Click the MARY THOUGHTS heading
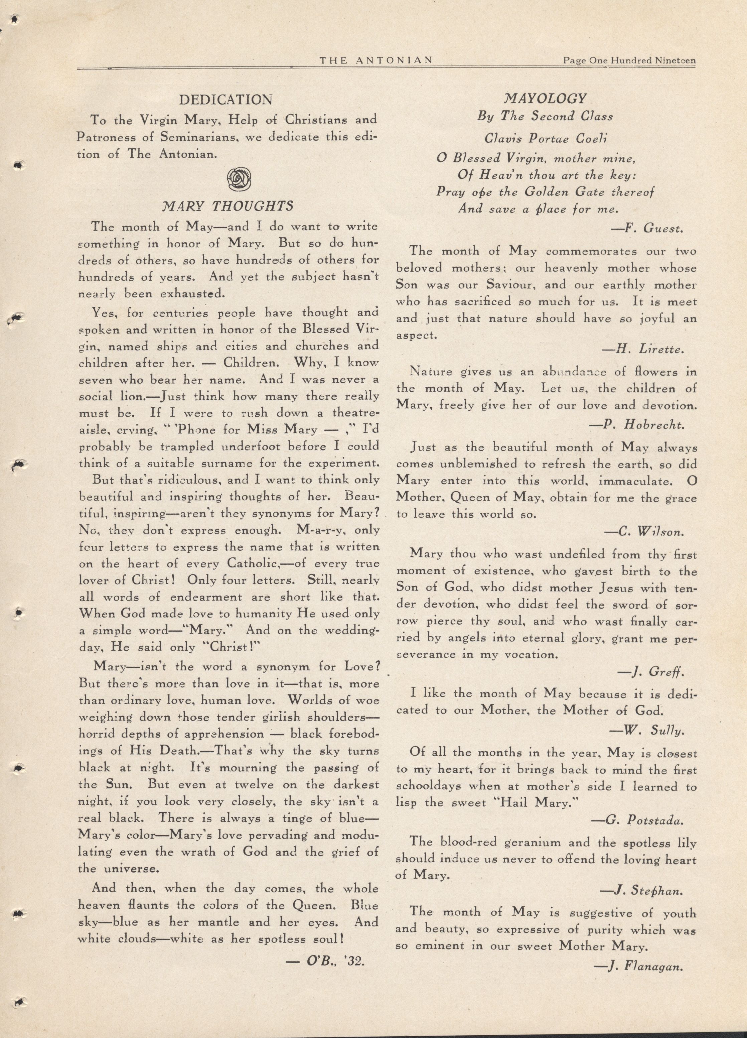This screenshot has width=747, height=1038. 228,207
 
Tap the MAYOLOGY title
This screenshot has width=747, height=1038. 545,98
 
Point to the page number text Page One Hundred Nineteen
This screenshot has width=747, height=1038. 630,60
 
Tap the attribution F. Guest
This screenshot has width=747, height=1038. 647,228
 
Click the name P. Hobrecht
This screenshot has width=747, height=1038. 636,424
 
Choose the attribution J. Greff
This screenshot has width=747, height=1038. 650,672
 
